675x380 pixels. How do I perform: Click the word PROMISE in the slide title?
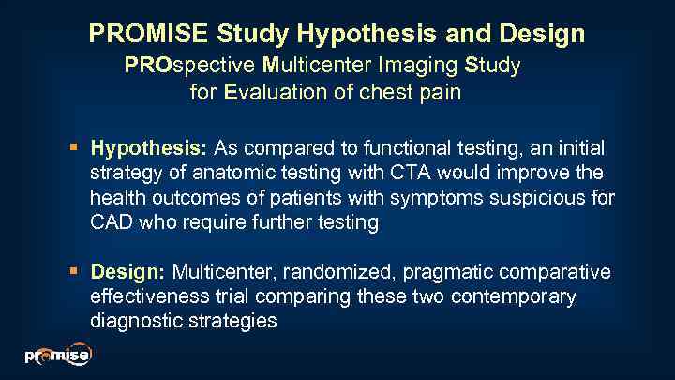[149, 35]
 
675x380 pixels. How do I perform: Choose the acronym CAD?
[112, 222]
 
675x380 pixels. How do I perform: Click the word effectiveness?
[143, 296]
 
